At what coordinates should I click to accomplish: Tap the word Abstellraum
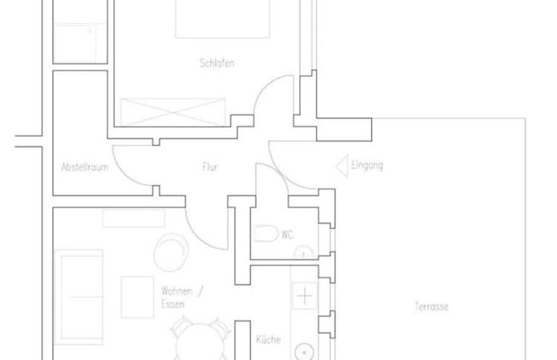[84, 167]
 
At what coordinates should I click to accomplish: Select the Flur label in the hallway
[209, 167]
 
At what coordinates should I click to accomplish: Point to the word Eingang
[367, 164]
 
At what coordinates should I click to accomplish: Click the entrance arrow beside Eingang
[340, 164]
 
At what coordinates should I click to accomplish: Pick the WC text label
[288, 232]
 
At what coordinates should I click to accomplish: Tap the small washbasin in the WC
[302, 252]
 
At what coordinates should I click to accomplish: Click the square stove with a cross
[305, 297]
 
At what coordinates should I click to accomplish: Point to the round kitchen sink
[305, 351]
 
